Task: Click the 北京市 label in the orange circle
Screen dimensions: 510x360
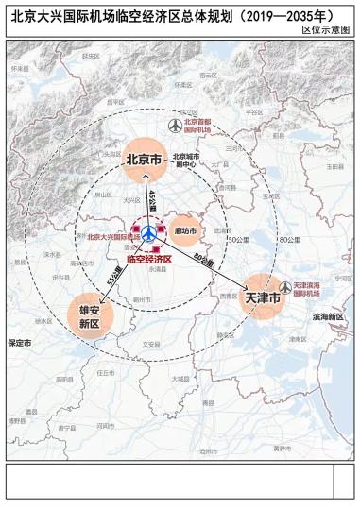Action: [x=144, y=159]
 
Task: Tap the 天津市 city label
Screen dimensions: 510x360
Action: [x=262, y=297]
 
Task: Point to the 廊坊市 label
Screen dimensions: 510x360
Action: [x=184, y=229]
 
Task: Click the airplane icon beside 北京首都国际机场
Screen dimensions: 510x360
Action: [x=173, y=126]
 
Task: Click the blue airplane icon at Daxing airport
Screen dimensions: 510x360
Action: [x=148, y=232]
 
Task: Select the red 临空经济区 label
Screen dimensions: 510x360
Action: [x=148, y=259]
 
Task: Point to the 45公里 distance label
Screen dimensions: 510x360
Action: [x=152, y=200]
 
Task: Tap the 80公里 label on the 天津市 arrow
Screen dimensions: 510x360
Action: [x=203, y=259]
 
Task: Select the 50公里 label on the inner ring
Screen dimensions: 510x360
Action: [x=236, y=240]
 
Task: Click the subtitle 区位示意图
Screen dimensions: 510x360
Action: [x=331, y=30]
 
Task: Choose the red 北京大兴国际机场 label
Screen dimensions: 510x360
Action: [x=110, y=237]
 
